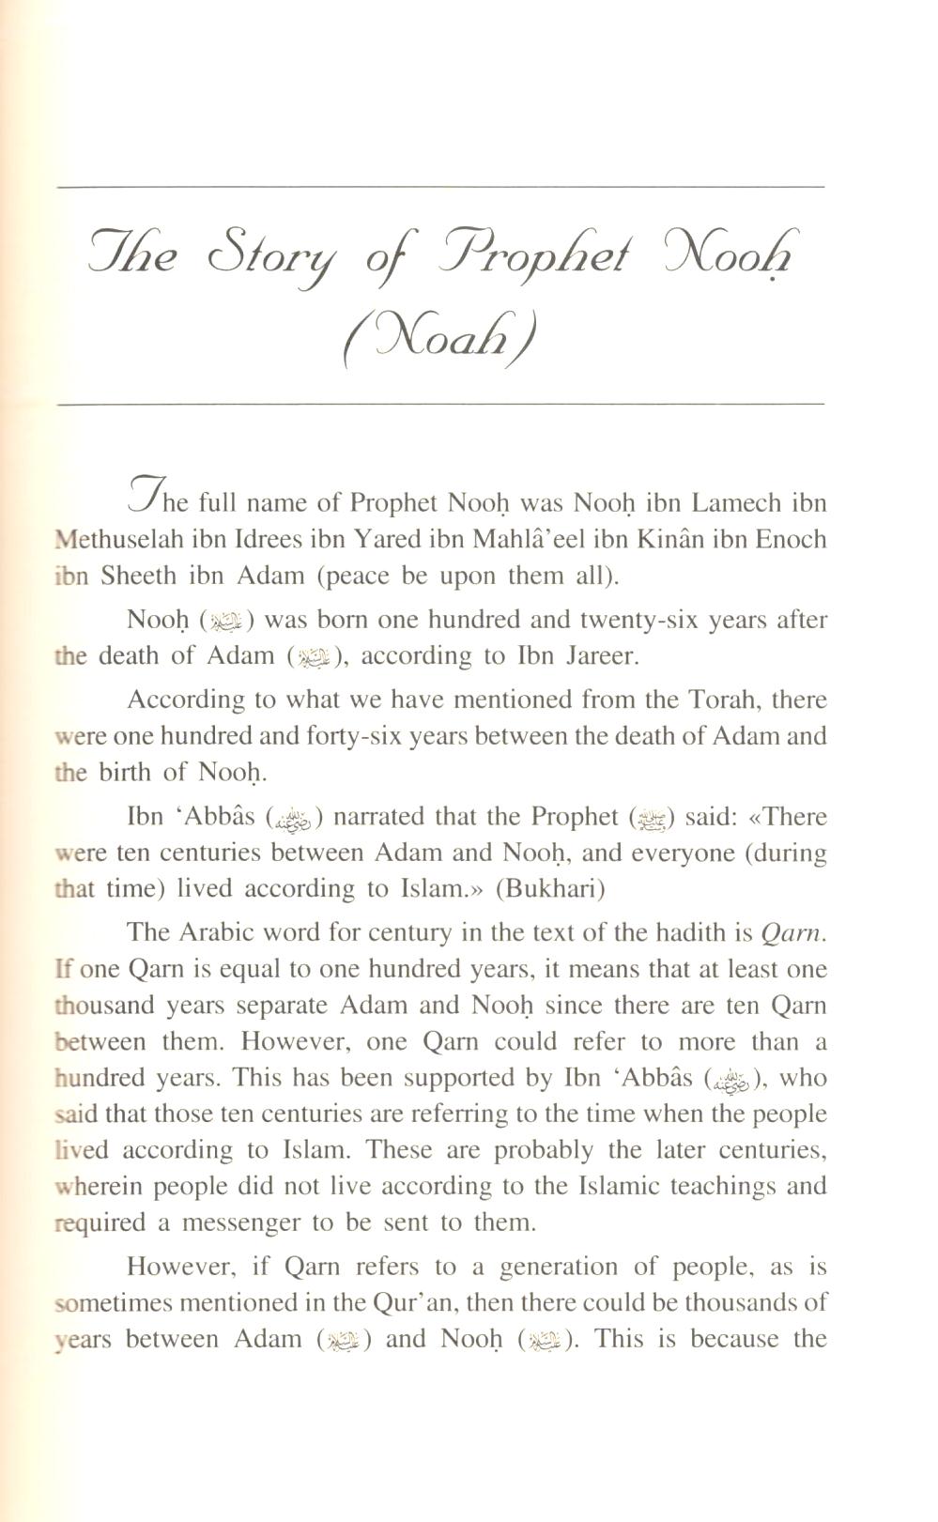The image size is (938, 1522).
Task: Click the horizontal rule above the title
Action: coord(440,187)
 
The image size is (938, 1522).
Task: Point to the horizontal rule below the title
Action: coord(440,404)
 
